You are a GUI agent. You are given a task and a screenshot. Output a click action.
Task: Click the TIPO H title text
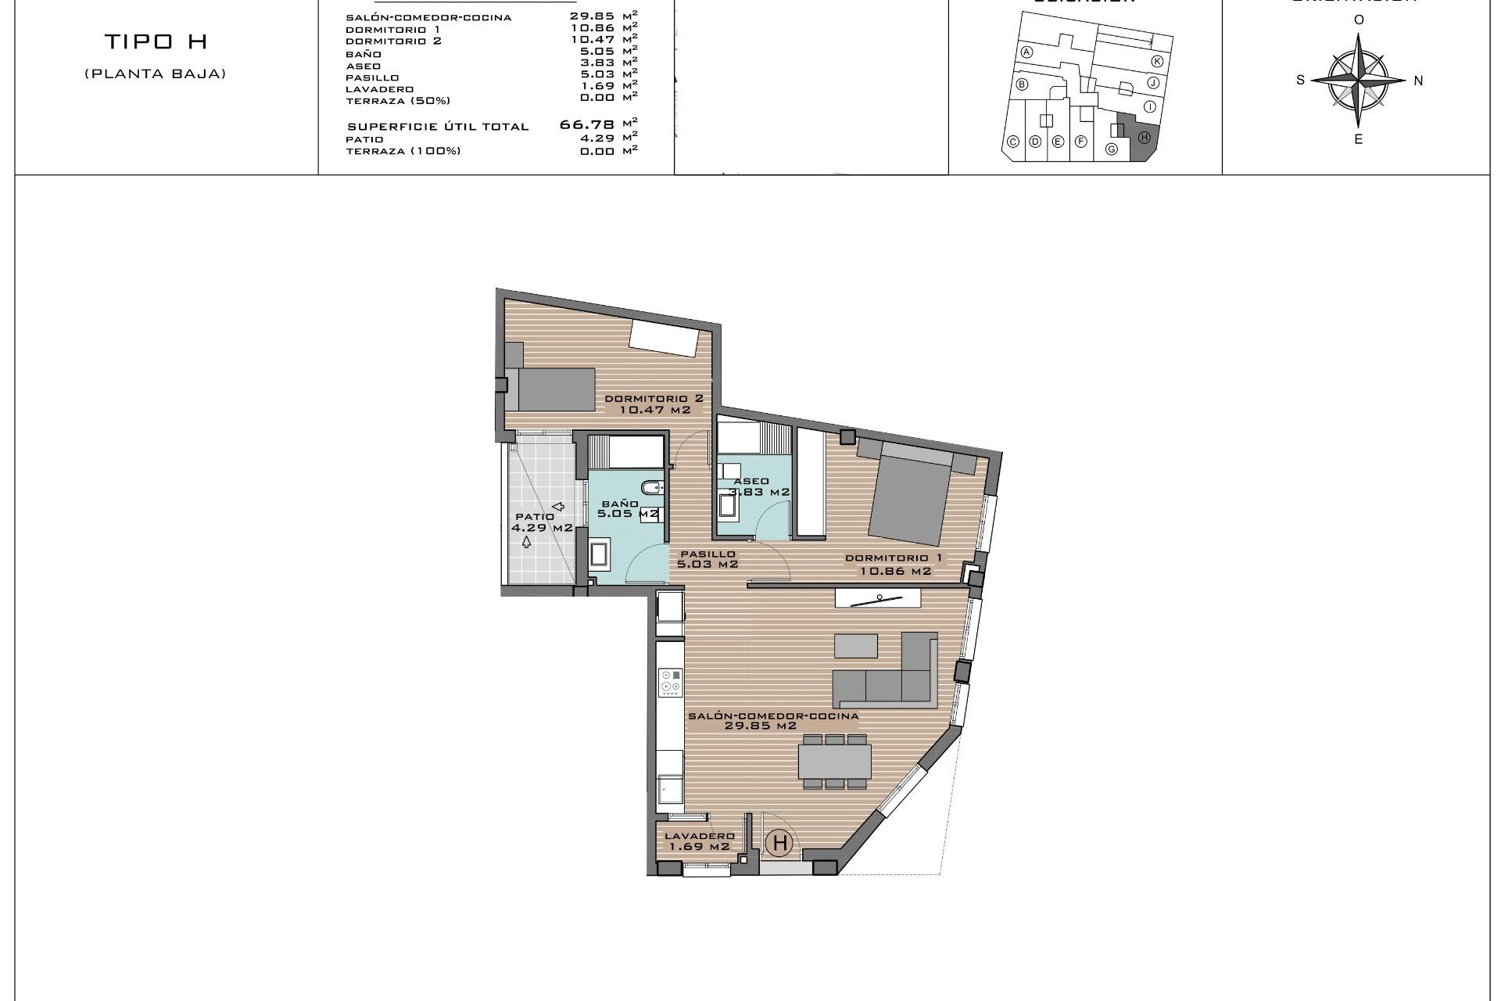point(156,41)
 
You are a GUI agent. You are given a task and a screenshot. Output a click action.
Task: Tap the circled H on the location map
point(1144,138)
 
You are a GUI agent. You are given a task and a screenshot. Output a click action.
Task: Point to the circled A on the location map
point(1027,52)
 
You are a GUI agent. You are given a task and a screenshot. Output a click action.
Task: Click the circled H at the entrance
point(779,843)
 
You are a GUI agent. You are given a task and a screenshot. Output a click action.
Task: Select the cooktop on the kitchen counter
point(670,682)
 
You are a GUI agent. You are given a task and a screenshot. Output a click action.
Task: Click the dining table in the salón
point(834,761)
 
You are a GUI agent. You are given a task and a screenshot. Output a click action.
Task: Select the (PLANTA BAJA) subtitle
point(156,74)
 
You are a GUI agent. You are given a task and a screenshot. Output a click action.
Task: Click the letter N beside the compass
point(1418,81)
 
